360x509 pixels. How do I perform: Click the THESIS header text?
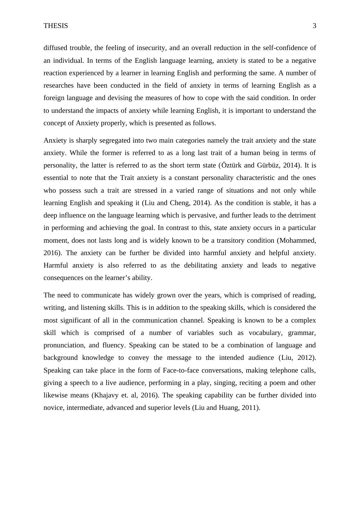[x=56, y=26]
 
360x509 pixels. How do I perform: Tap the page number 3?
[x=314, y=26]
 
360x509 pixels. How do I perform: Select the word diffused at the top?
[x=54, y=48]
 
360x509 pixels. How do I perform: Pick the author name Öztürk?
[x=232, y=165]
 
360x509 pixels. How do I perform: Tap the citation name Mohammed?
[x=298, y=241]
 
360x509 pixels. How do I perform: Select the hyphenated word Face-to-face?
[x=181, y=370]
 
